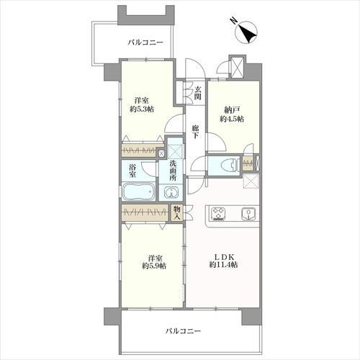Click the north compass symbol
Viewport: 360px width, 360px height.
(x=246, y=32)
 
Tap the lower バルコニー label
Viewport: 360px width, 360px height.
(x=183, y=331)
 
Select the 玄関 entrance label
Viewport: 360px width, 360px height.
(x=198, y=93)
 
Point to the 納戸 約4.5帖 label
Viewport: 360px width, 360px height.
(x=232, y=114)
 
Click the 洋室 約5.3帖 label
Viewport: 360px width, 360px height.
(x=142, y=105)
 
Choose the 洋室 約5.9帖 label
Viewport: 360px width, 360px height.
(x=154, y=262)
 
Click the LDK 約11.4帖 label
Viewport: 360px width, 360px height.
(x=224, y=261)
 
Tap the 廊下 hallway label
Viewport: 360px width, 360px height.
(x=196, y=132)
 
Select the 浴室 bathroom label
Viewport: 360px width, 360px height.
(x=132, y=171)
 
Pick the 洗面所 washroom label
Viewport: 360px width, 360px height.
(x=173, y=171)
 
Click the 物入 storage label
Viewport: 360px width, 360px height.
(x=177, y=213)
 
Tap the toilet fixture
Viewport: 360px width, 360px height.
(x=229, y=166)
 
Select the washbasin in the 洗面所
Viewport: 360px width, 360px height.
(x=171, y=193)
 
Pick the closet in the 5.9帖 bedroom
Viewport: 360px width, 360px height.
(x=145, y=212)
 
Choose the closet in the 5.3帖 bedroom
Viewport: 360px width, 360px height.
(x=139, y=150)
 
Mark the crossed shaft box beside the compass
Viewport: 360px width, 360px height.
(x=237, y=67)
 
